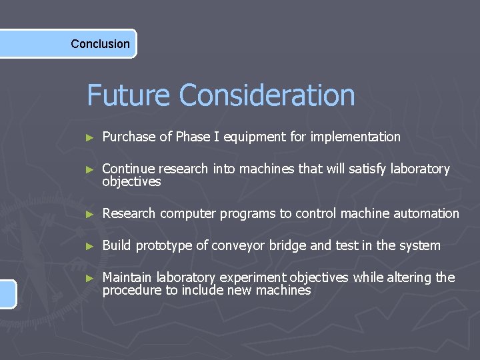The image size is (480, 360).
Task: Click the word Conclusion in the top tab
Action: pos(100,44)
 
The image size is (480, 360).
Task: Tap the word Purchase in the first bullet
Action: pos(129,137)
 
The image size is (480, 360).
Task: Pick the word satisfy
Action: pos(349,169)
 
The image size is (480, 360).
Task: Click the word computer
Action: pos(189,214)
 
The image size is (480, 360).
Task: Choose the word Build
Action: pos(116,246)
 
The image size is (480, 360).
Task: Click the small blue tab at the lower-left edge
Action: pos(7,294)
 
